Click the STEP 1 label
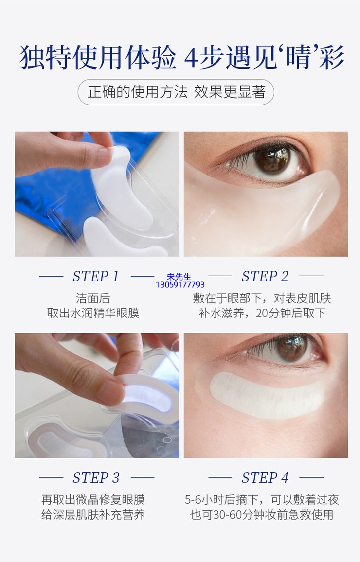click(x=96, y=276)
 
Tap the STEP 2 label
click(x=265, y=276)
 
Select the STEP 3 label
click(x=96, y=477)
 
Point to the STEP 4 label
click(x=265, y=477)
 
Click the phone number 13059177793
click(x=180, y=285)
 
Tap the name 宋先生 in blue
click(x=179, y=277)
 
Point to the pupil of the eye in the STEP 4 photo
click(x=290, y=348)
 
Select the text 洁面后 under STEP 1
click(x=93, y=298)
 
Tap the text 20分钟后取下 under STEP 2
click(x=290, y=313)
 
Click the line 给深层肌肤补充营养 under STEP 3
click(x=93, y=515)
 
